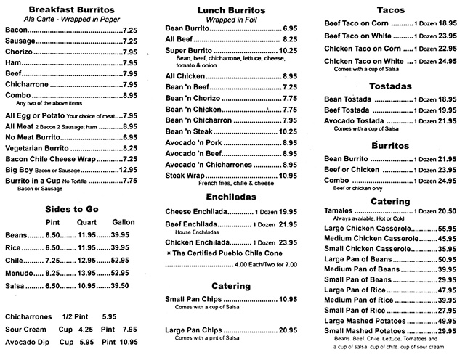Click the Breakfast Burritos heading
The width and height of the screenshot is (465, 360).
pyautogui.click(x=70, y=9)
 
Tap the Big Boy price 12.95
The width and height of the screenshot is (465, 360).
pyautogui.click(x=127, y=169)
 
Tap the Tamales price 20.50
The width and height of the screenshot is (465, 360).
pyautogui.click(x=446, y=210)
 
